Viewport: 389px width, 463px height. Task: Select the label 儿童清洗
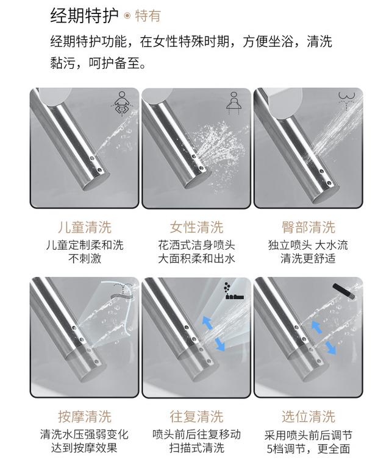point(85,227)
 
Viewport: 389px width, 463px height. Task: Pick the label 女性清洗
point(196,227)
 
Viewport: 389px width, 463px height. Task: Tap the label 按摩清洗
point(85,417)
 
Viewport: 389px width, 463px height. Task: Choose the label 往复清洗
point(196,417)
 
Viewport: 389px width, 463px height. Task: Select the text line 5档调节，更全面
point(308,449)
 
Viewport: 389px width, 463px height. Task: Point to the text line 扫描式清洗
point(196,449)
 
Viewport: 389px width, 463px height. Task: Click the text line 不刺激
point(85,258)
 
